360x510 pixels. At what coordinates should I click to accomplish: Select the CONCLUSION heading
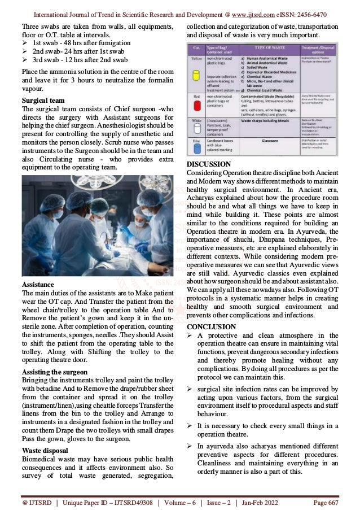211,326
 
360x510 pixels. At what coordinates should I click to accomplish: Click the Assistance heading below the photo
37,284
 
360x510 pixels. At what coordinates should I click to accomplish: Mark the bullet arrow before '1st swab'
25,43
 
